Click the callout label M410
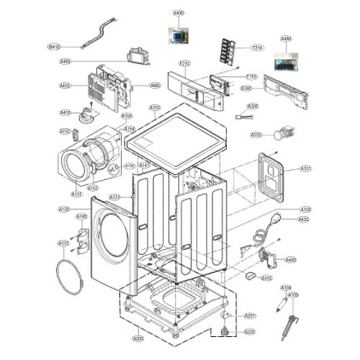pos(53,47)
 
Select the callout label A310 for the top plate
pos(155,108)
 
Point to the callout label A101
pos(305,168)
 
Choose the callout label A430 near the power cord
pos(303,219)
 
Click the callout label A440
pos(291,260)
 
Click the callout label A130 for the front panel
pos(63,209)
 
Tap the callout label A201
pos(250,315)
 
